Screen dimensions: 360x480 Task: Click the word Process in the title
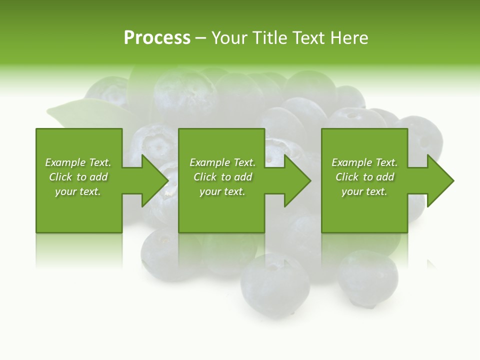point(157,38)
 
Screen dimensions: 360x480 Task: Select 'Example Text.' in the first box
point(78,162)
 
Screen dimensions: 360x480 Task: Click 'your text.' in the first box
point(78,191)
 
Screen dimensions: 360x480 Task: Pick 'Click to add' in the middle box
point(222,177)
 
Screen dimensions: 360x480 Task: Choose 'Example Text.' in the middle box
point(222,162)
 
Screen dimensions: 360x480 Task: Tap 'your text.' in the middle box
point(222,191)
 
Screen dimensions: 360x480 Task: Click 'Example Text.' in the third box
point(364,162)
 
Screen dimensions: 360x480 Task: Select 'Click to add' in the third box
point(364,177)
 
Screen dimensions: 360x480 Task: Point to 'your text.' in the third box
point(364,191)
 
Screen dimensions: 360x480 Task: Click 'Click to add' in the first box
point(78,177)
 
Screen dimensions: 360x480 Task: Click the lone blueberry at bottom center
point(274,285)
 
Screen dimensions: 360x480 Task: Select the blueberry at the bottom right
point(367,277)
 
